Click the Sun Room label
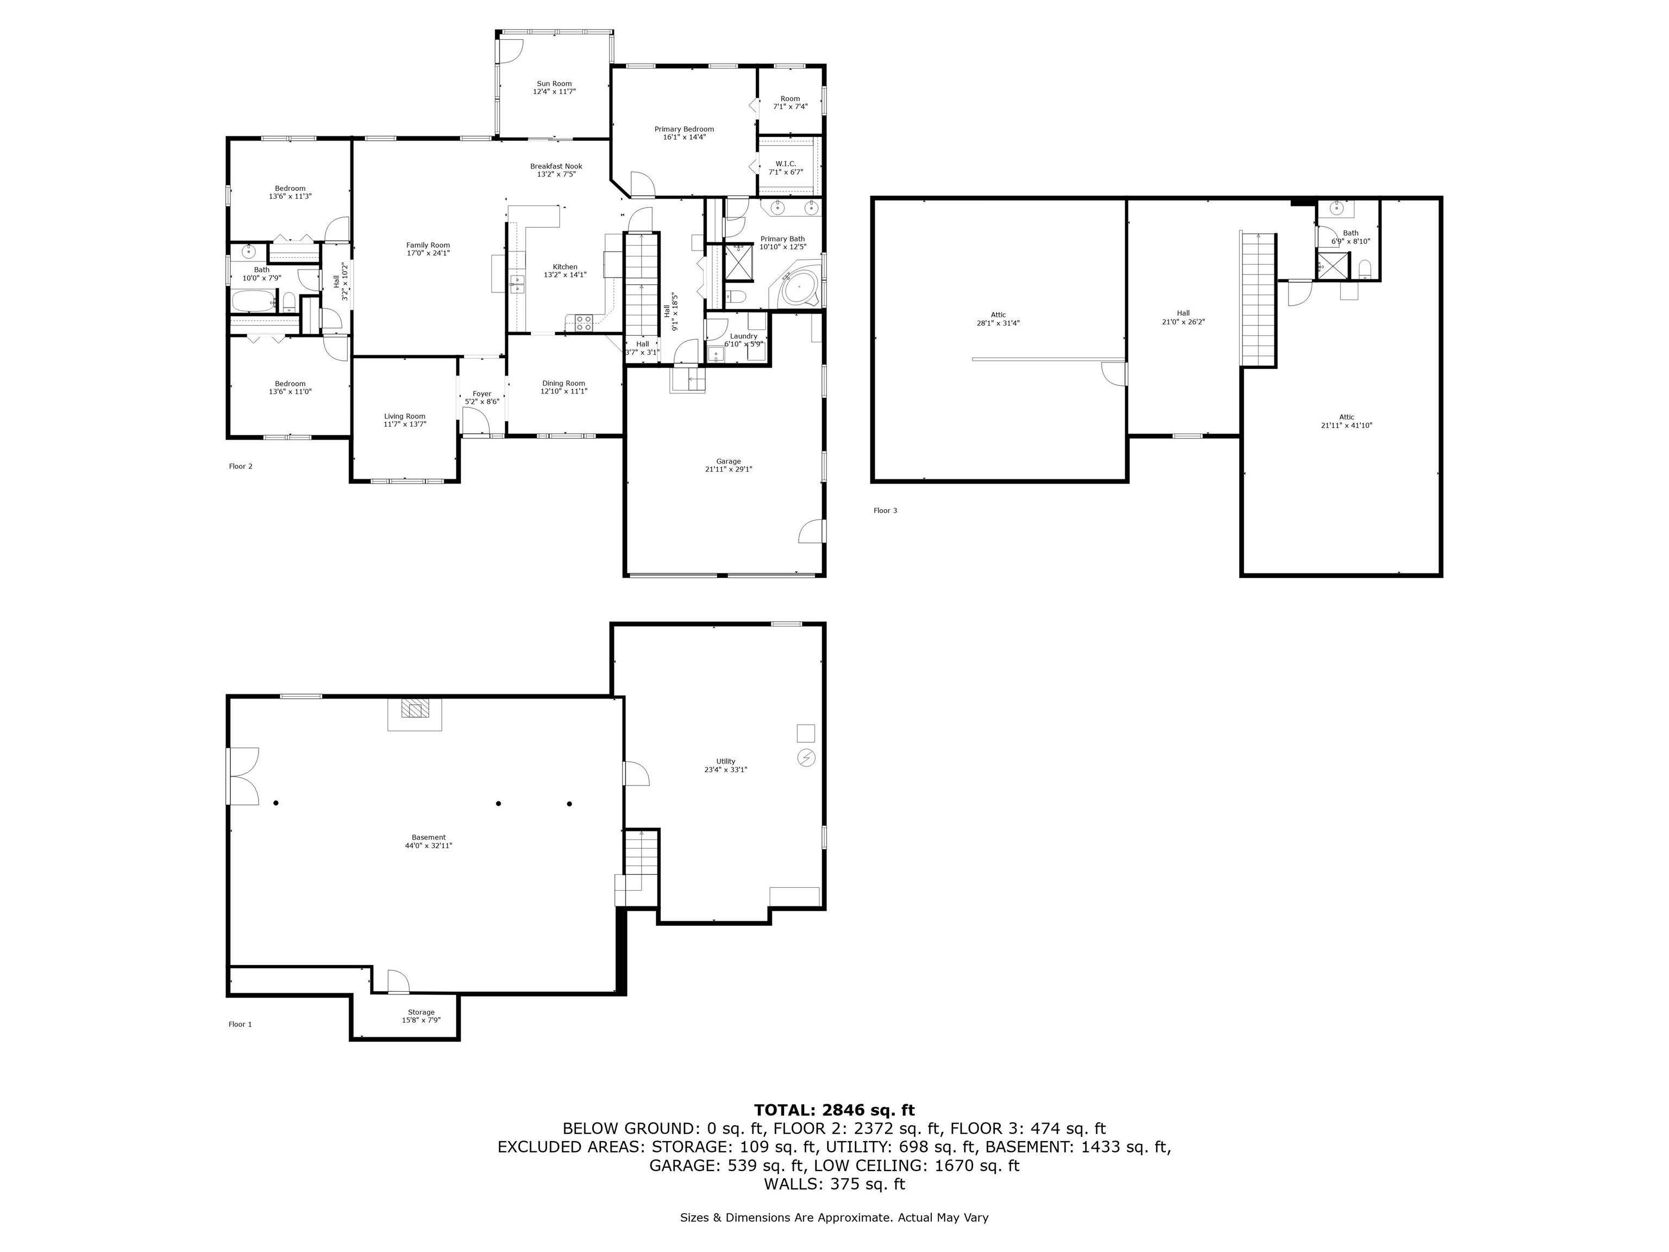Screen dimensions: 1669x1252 (554, 84)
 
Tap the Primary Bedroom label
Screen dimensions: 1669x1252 (683, 129)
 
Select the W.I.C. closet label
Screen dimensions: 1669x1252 (786, 164)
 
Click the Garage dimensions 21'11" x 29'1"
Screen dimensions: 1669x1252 (728, 469)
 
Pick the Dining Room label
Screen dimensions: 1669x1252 (563, 384)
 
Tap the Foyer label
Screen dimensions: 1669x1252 (482, 394)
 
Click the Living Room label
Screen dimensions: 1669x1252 (404, 417)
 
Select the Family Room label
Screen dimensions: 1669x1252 (428, 245)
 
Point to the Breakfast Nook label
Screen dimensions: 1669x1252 (556, 167)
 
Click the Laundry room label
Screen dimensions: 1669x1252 (743, 336)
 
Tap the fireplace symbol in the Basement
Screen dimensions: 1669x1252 (414, 709)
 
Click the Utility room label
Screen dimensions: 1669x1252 (726, 761)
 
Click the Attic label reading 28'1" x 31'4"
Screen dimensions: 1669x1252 (998, 316)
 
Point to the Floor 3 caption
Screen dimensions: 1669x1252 (885, 511)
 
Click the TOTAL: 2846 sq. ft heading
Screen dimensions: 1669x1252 (834, 1110)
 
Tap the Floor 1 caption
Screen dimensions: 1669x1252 (241, 1024)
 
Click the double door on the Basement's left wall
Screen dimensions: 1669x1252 (243, 776)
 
